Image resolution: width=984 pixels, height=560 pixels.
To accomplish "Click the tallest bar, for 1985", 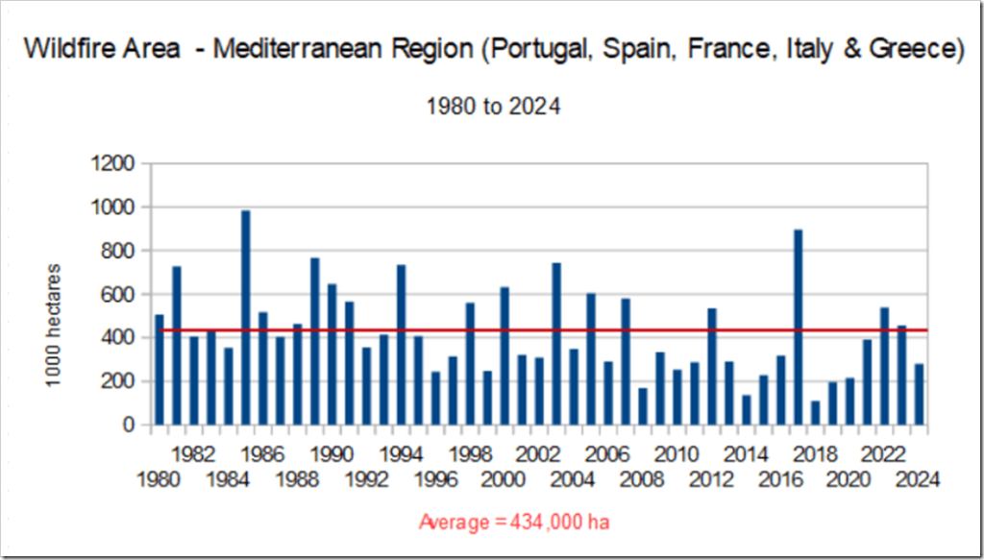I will tap(245, 317).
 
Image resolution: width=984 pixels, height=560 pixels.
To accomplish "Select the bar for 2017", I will tap(798, 327).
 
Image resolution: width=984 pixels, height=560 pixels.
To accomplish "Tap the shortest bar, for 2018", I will tap(815, 412).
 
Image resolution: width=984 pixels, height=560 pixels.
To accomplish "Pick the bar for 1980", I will tap(160, 370).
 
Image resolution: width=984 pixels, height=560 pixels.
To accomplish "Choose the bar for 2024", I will tap(920, 394).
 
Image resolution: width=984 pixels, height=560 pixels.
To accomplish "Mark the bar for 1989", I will tap(314, 341).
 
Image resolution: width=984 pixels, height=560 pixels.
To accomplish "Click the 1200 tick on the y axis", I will tap(112, 163).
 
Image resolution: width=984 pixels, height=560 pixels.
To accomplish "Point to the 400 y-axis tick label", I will tap(118, 338).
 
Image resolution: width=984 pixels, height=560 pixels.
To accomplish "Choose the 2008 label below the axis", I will tap(643, 476).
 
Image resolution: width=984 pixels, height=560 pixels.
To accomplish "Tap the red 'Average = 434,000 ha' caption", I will tap(515, 522).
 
